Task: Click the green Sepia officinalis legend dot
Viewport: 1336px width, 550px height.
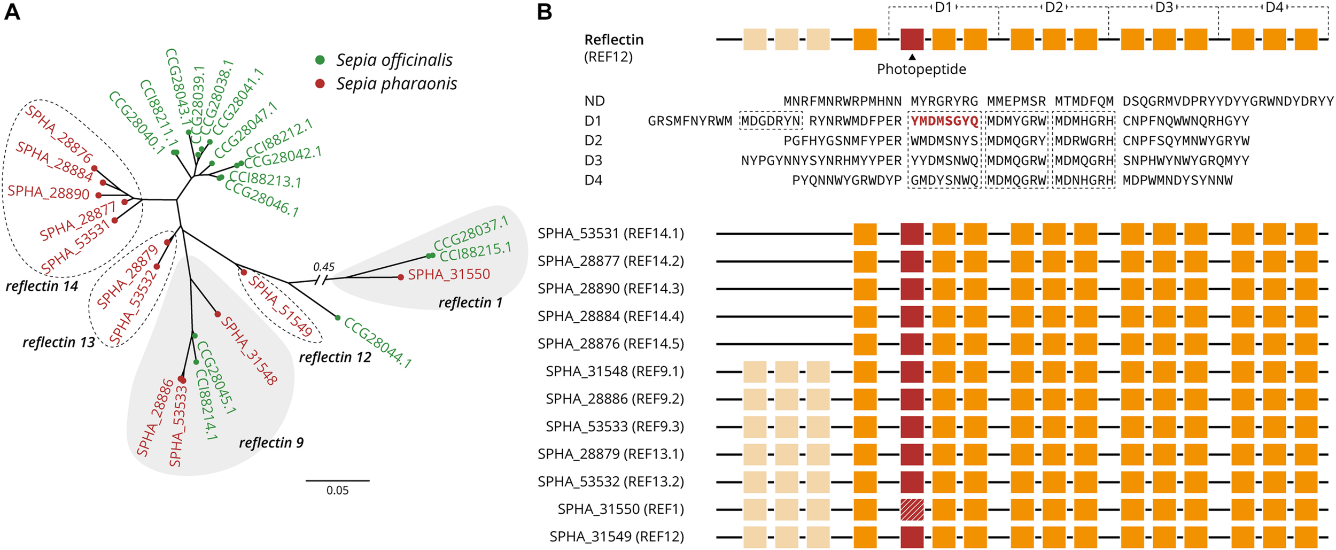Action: [x=320, y=60]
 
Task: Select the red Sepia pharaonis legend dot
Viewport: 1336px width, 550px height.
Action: [x=320, y=83]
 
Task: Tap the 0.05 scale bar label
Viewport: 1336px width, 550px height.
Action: [x=337, y=490]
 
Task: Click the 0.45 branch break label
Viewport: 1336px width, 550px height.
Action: [x=324, y=266]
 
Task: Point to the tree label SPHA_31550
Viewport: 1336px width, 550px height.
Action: [x=448, y=275]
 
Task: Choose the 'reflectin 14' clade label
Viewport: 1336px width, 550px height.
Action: [x=42, y=286]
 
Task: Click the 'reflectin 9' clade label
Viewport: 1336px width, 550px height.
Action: [x=271, y=443]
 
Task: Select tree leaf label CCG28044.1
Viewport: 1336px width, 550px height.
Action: [x=377, y=343]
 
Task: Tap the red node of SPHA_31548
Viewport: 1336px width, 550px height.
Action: [x=218, y=314]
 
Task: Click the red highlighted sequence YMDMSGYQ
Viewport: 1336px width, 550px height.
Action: [x=944, y=121]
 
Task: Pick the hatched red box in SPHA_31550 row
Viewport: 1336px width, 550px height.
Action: [x=912, y=509]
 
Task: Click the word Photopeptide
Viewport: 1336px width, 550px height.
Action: [x=921, y=69]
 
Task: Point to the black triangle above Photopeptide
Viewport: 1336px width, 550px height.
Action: [x=912, y=57]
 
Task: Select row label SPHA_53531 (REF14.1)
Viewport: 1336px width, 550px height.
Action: [x=610, y=234]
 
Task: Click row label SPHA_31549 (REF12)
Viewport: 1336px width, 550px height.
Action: [x=616, y=537]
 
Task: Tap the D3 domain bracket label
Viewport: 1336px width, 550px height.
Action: [x=1163, y=7]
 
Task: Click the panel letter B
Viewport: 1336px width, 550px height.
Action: [x=544, y=12]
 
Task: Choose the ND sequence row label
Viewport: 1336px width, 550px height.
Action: [x=594, y=101]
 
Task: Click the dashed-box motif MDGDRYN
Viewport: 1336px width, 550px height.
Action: [x=771, y=121]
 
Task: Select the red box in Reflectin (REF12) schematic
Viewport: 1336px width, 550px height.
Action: [x=912, y=40]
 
